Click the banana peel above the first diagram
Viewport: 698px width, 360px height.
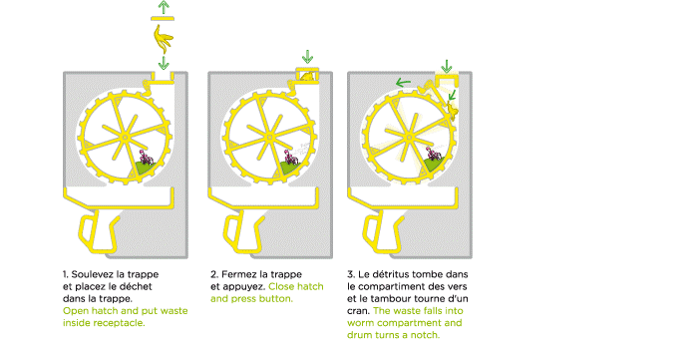pos(163,39)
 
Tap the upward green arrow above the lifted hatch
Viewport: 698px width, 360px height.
pos(164,7)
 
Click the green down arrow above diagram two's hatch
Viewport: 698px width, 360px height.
pos(307,57)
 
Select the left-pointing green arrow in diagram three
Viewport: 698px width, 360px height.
pos(403,83)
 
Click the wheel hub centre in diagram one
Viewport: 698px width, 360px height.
pos(125,138)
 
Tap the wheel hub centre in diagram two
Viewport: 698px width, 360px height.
pos(268,138)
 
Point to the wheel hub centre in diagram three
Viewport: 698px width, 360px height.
pos(409,138)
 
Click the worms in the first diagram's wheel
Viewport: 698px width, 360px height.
pos(147,158)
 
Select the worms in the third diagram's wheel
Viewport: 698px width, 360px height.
pos(433,155)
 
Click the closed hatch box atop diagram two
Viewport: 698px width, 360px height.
pos(307,75)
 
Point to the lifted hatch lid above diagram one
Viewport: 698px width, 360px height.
pos(163,18)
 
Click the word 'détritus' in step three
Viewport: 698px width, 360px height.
pos(392,274)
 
